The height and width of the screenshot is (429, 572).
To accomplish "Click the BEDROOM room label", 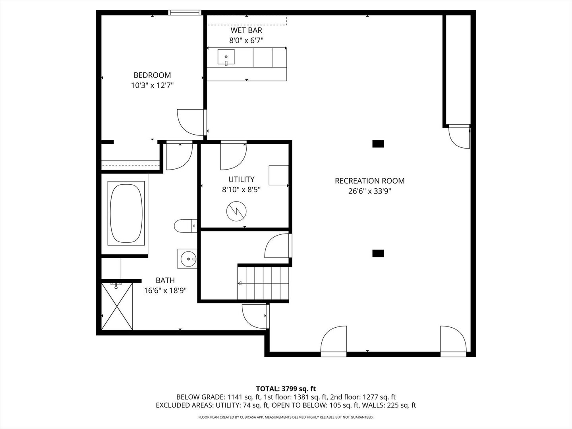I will [x=152, y=75].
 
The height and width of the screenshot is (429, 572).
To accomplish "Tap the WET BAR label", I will [x=246, y=30].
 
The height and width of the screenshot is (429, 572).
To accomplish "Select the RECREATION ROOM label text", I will [x=369, y=181].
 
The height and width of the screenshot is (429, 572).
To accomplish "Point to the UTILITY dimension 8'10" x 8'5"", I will [x=241, y=190].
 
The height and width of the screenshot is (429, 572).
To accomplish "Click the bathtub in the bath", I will [x=126, y=214].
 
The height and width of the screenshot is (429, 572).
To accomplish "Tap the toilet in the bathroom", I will [x=184, y=226].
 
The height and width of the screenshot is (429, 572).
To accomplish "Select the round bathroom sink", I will [x=187, y=259].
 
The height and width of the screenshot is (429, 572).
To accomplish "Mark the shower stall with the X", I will [x=117, y=306].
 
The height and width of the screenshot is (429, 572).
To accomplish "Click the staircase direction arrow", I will [x=240, y=284].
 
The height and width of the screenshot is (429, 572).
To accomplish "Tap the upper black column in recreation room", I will [x=378, y=144].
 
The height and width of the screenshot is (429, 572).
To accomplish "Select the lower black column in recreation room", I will [x=378, y=253].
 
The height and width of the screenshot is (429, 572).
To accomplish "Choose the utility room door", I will [x=234, y=155].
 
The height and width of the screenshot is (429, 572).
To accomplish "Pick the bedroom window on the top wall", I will [x=184, y=13].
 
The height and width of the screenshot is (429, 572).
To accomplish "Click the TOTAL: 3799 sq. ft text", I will [x=286, y=388].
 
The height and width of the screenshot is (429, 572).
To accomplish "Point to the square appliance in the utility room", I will [x=278, y=175].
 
